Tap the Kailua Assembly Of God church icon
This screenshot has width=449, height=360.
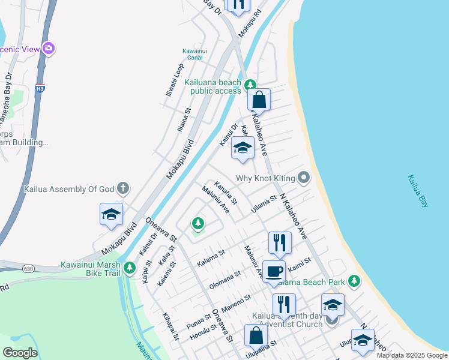click(122, 188)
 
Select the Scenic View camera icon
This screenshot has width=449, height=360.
click(49, 49)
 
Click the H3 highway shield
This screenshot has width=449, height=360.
click(40, 88)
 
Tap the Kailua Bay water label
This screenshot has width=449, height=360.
click(418, 191)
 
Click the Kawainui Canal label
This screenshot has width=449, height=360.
click(195, 54)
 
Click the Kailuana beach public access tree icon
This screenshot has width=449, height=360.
click(250, 86)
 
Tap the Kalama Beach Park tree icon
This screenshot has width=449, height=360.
click(354, 281)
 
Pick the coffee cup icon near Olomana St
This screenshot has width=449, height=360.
click(274, 271)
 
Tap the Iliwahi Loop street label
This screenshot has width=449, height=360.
click(175, 82)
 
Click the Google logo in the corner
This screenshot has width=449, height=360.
click(20, 352)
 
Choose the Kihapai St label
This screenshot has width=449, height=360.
click(170, 326)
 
